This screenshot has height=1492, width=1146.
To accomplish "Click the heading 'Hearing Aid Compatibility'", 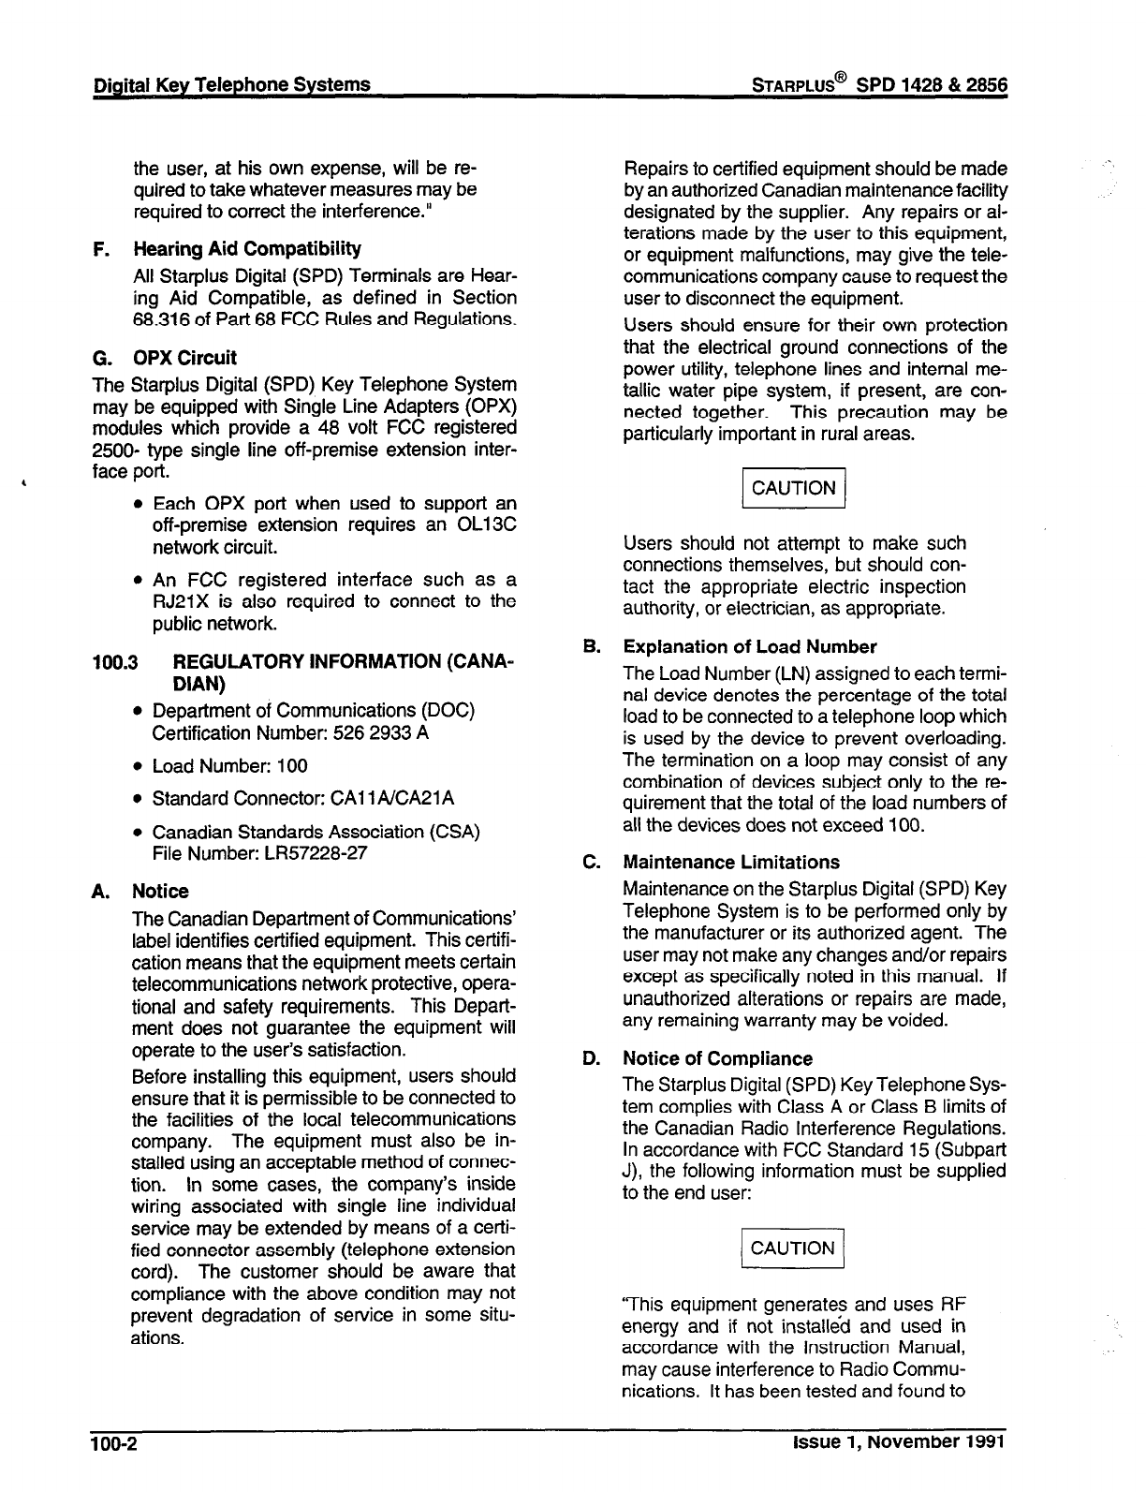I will pos(246,249).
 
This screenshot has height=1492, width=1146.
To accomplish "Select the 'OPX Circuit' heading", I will pos(184,358).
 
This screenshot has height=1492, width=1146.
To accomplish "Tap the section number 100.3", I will pos(115,662).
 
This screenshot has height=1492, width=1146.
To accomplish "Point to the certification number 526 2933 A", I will pos(371,732).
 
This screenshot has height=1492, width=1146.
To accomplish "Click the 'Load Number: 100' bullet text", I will pos(229,766).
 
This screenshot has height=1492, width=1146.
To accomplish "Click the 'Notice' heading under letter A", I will pos(160,892).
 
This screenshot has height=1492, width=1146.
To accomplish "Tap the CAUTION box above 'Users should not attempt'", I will pos(793,488).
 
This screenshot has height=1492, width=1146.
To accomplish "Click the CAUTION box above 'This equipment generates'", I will pos(793,1248).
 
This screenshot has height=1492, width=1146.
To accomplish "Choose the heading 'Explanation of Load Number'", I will pos(749,647).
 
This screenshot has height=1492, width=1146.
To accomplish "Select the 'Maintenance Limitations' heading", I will pos(731,863).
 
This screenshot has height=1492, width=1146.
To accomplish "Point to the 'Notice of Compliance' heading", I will pos(717,1059).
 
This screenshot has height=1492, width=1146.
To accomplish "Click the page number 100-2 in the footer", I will pos(113,1443).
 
